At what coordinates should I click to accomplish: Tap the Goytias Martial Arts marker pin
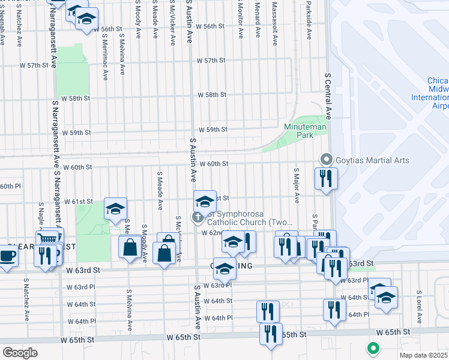coord(327,160)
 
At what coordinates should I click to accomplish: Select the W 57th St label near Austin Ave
coord(214,61)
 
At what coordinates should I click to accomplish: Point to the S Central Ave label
coord(328,97)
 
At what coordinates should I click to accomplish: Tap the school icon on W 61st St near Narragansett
coord(115,209)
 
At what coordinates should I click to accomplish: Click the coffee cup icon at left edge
coord(7,255)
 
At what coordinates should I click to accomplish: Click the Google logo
coord(20,353)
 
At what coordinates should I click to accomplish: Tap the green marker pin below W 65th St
coord(373,347)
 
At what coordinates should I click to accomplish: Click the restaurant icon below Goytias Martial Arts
coord(327,178)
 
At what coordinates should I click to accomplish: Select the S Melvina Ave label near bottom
coord(129,311)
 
